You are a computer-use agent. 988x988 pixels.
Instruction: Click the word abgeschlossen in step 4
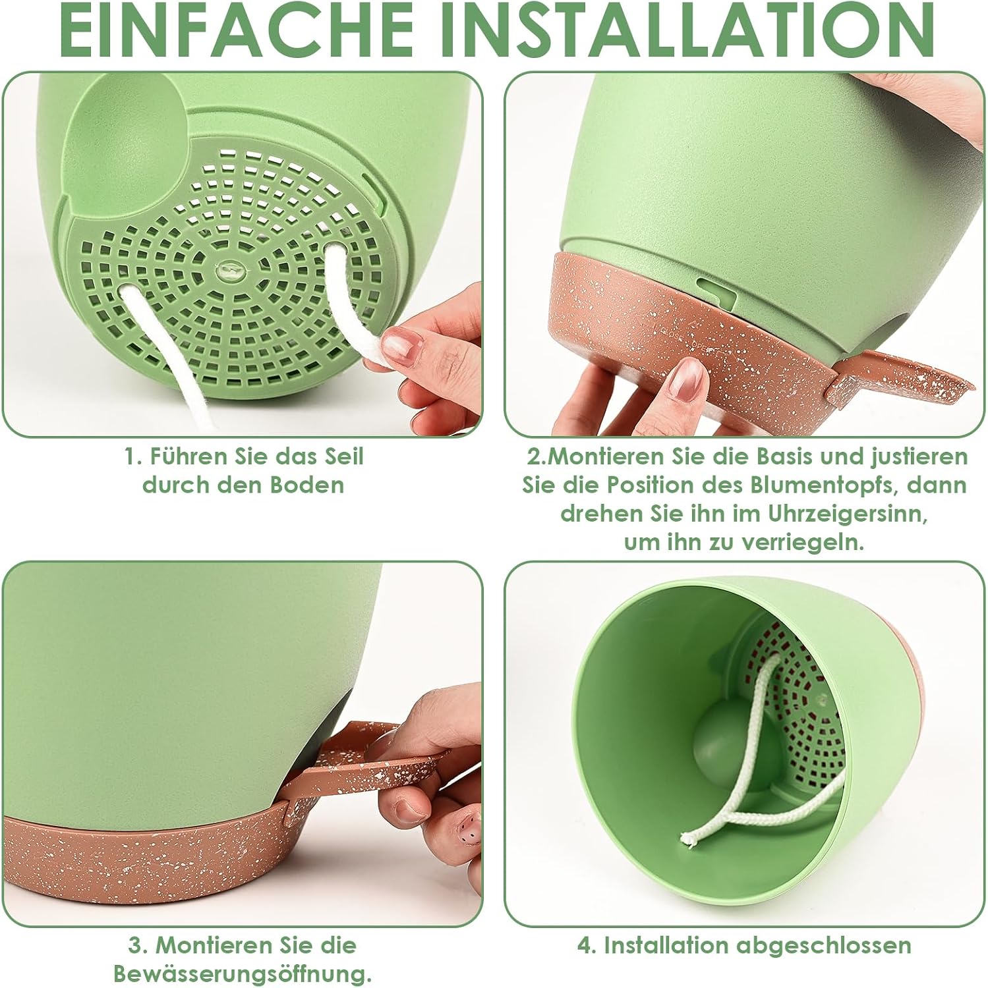tap(824, 946)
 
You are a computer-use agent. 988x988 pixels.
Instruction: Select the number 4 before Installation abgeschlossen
tap(584, 946)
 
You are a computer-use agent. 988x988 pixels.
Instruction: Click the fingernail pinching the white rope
tap(402, 343)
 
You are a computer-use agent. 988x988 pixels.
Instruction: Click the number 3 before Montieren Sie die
tap(134, 946)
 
